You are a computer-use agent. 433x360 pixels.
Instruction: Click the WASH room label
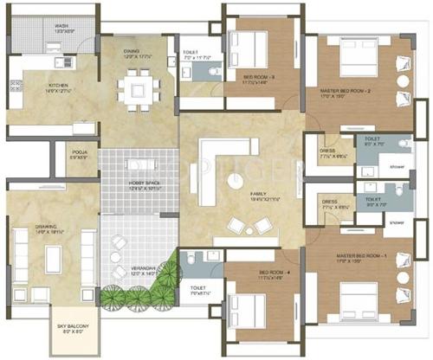pyautogui.click(x=61, y=26)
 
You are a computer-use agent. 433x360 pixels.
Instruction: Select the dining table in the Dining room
pyautogui.click(x=137, y=86)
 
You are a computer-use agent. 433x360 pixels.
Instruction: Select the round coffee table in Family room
pyautogui.click(x=235, y=180)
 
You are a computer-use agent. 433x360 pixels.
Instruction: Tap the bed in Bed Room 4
pyautogui.click(x=245, y=310)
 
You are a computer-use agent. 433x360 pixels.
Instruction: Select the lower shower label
pyautogui.click(x=397, y=222)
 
